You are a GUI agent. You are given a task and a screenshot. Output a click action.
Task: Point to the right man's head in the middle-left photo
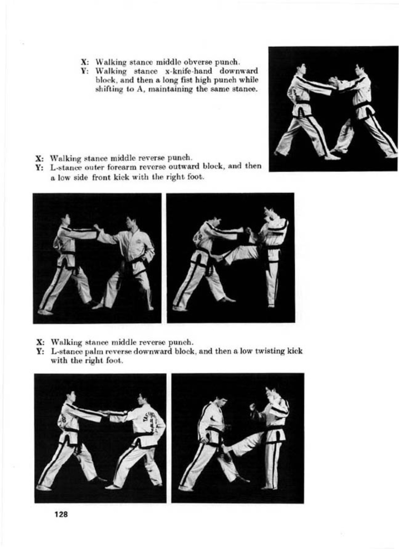coord(131,223)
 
